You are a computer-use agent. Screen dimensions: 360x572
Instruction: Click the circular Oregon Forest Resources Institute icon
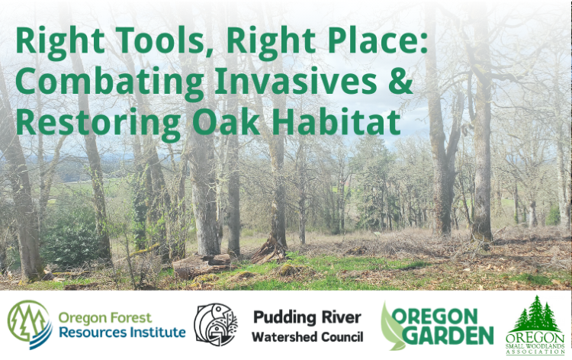[29, 323]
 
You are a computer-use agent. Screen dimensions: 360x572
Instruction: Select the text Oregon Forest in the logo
[104, 317]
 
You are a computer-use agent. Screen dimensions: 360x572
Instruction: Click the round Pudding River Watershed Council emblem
[216, 325]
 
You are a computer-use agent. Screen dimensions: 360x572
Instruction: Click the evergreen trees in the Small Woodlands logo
[538, 313]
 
